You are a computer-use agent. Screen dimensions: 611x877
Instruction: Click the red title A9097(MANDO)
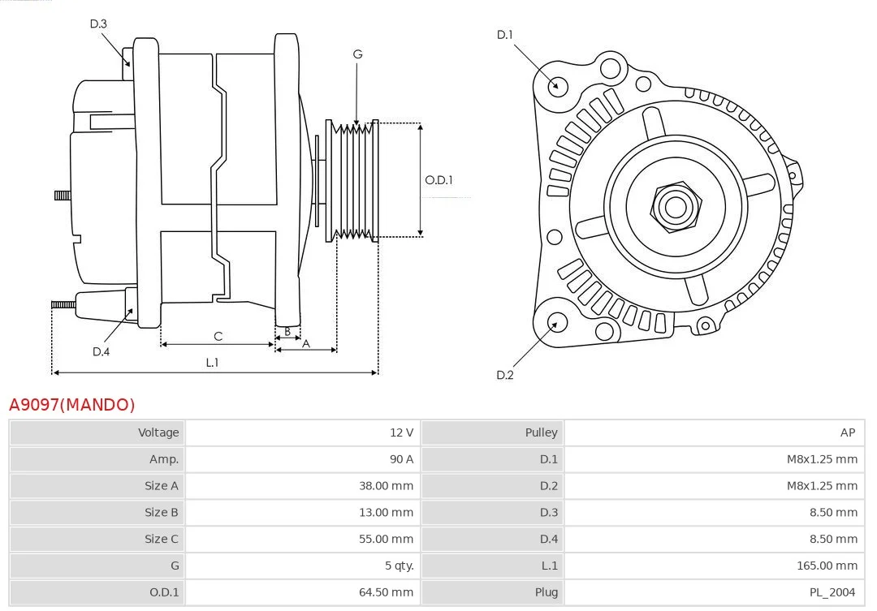click(x=72, y=404)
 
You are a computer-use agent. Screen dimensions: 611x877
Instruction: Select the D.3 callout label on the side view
click(x=98, y=24)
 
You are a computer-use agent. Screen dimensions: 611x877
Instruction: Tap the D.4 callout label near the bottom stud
click(x=101, y=351)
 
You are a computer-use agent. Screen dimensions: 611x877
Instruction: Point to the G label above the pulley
click(x=357, y=54)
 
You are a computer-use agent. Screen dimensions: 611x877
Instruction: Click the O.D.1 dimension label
click(x=438, y=180)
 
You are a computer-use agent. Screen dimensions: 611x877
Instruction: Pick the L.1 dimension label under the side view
click(x=212, y=363)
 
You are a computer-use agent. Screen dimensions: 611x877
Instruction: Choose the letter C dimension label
click(x=218, y=336)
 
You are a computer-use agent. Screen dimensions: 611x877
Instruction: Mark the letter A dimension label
click(x=306, y=343)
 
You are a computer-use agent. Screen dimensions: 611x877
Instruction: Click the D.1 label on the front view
click(x=505, y=34)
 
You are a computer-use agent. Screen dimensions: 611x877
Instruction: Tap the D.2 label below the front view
click(x=505, y=375)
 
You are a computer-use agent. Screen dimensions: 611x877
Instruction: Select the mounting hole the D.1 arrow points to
click(x=557, y=84)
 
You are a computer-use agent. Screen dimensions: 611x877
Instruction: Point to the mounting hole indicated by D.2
click(x=556, y=324)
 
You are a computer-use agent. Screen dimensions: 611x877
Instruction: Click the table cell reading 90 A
click(x=401, y=459)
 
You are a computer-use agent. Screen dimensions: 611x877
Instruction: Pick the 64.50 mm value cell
click(x=386, y=592)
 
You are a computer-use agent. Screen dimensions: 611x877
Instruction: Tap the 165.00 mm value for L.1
click(x=827, y=566)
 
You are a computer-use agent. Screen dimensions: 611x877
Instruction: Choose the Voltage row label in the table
click(x=158, y=432)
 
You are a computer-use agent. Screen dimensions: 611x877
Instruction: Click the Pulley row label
click(x=541, y=432)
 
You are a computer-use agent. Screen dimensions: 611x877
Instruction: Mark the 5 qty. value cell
click(x=395, y=566)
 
